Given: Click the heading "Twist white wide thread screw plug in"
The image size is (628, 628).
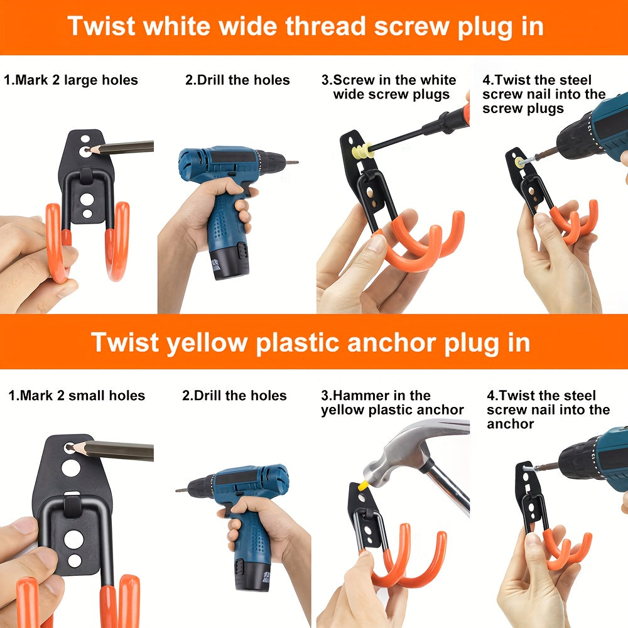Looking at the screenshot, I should coord(305,26).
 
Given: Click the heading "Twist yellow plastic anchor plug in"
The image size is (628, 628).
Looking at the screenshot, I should coord(310,343).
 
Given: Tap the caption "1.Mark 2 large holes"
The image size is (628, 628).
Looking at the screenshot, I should coord(70,80).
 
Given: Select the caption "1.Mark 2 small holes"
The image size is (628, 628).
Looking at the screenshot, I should coord(77,396).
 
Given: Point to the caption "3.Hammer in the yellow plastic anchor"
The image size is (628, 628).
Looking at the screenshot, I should coord(392,403).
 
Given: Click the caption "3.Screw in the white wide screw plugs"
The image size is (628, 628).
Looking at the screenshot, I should coord(389,87).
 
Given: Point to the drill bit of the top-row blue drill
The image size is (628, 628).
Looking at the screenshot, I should coord(290,162).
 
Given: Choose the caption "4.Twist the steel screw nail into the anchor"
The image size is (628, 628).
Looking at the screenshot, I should coord(548,409).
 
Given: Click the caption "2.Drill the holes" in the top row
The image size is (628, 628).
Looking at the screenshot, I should coord(237,80).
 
